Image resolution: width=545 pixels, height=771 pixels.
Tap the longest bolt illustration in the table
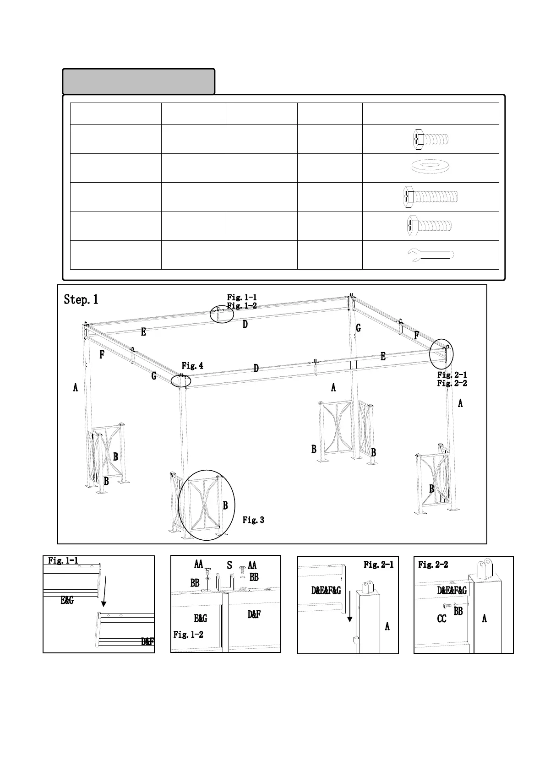tap(431, 196)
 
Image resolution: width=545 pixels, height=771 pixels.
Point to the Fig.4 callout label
tap(192, 366)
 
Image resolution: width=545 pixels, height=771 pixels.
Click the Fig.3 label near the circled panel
tap(253, 520)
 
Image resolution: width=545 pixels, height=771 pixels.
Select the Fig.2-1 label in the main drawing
tap(452, 375)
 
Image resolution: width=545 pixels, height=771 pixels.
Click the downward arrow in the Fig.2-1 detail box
tap(350, 606)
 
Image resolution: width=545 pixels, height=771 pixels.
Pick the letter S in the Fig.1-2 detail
tap(229, 566)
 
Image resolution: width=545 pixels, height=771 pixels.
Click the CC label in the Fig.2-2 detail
tap(441, 619)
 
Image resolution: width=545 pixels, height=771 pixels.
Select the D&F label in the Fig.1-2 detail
tap(254, 614)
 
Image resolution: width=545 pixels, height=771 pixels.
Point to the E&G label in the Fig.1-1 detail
tap(67, 600)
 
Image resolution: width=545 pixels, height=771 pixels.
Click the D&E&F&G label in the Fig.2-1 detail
tap(326, 591)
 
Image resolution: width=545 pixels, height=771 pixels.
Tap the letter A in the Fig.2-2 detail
tap(484, 618)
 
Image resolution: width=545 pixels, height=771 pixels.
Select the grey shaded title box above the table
tap(138, 81)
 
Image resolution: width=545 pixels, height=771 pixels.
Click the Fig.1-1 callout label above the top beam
tap(242, 298)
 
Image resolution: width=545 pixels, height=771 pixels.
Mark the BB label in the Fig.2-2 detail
tap(458, 611)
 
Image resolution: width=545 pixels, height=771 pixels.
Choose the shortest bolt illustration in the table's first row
tap(431, 138)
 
